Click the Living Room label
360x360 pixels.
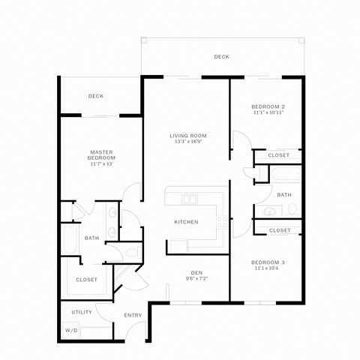187,135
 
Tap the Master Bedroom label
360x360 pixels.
101,154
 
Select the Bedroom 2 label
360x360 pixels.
268,106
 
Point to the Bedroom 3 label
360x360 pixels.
268,261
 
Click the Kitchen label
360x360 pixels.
186,222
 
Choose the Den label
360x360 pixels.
197,271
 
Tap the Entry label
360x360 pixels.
133,315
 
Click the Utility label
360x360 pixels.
82,311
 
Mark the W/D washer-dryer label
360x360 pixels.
71,330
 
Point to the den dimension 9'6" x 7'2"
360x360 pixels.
197,278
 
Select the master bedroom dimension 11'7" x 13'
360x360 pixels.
101,163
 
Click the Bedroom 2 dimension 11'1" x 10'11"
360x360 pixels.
268,113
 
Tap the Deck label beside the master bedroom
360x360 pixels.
95,96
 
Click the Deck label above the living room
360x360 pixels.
221,57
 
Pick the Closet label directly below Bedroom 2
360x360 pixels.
278,155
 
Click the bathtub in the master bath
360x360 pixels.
70,240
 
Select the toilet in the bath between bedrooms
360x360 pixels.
292,208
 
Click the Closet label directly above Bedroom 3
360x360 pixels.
279,230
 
